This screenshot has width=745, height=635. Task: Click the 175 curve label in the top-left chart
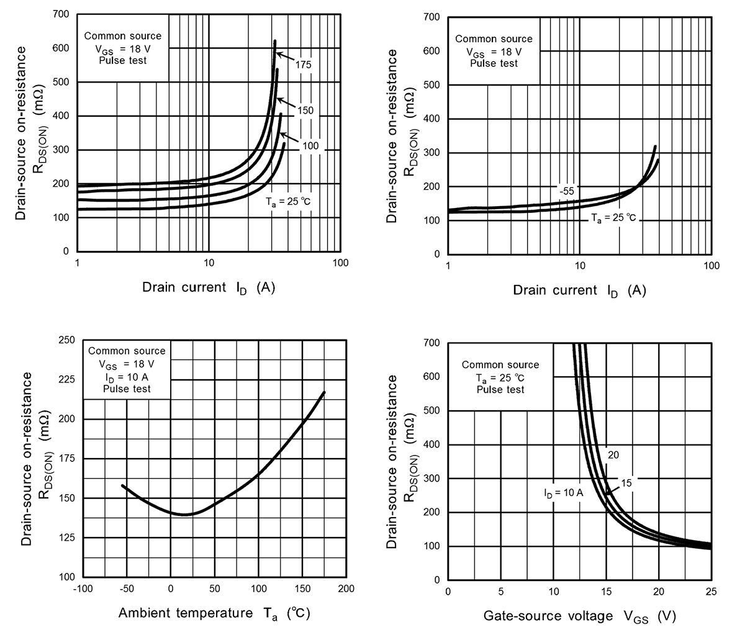(303, 65)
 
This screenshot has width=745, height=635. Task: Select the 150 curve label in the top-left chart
(305, 110)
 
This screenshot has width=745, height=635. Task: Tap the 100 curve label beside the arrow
(310, 146)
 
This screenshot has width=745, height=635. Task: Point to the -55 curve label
(566, 191)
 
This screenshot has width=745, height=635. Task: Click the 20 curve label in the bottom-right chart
(613, 455)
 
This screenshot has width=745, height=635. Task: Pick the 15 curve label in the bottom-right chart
(626, 482)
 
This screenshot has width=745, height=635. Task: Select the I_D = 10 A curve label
(563, 493)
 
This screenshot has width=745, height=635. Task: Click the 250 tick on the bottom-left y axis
(66, 340)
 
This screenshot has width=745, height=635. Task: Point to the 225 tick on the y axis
(66, 380)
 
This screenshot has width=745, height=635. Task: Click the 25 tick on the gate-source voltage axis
(711, 592)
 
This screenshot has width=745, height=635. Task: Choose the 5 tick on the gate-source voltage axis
(500, 592)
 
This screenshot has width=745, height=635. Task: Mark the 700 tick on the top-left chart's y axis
(61, 14)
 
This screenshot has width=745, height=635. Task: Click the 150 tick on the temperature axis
(302, 588)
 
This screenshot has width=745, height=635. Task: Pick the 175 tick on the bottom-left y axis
(66, 459)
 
